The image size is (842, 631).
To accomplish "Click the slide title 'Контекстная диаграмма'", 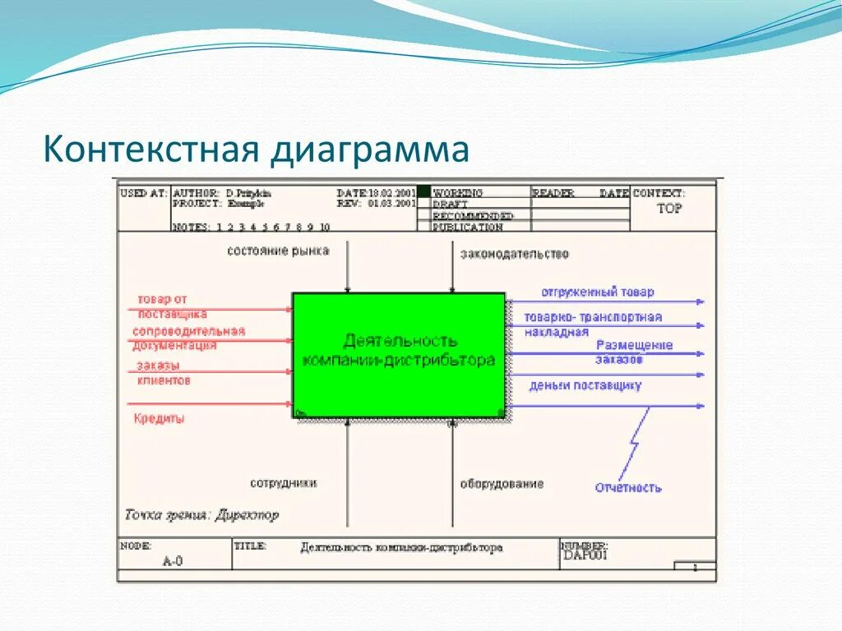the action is tap(257, 150).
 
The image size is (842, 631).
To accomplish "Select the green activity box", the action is tap(399, 354).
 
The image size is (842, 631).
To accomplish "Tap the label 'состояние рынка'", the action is tap(278, 251).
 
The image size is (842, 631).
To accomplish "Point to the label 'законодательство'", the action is tap(514, 254).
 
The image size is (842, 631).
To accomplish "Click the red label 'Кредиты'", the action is tap(159, 418).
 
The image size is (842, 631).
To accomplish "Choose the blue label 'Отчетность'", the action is tap(628, 487).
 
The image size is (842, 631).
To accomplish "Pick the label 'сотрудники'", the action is tap(284, 483).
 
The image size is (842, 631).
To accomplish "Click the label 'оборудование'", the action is tap(502, 484).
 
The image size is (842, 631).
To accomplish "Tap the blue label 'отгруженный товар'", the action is tap(597, 292).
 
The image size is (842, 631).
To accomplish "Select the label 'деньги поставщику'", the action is tap(585, 385).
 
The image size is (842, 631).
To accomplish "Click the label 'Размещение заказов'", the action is tap(634, 352).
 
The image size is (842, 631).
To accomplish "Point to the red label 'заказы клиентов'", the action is tap(164, 373).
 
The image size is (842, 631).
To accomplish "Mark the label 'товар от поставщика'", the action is tap(172, 306).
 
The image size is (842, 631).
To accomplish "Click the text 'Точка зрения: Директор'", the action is tap(202, 516).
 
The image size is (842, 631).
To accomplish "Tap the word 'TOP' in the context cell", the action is tap(669, 209).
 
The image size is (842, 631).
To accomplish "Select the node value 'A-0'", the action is tap(173, 561).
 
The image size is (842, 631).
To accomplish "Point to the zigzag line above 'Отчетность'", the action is tap(635, 443).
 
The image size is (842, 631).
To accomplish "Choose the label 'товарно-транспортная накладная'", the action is tap(593, 324).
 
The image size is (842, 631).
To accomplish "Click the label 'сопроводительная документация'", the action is tap(188, 338).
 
